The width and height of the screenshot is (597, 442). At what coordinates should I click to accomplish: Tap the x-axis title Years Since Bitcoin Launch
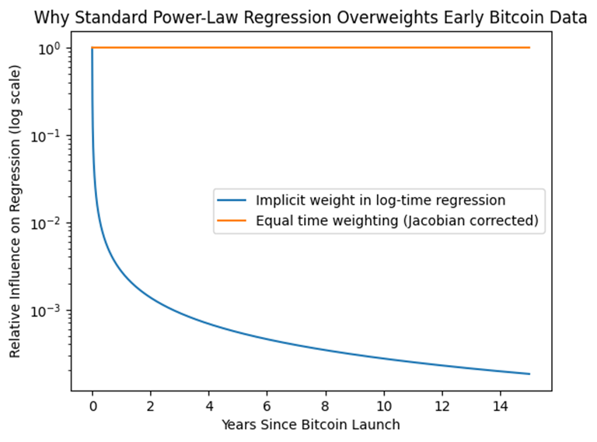click(311, 424)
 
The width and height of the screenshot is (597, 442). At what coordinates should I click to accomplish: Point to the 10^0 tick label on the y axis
click(51, 48)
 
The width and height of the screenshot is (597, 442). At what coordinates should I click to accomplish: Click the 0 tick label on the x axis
click(93, 405)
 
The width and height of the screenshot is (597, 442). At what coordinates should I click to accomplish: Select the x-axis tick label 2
click(151, 405)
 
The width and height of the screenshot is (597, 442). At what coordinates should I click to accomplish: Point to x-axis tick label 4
click(209, 405)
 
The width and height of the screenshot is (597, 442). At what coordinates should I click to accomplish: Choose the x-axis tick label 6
click(267, 405)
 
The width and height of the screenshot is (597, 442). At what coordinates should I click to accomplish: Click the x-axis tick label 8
click(326, 405)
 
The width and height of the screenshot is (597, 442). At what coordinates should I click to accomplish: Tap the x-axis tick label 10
click(384, 405)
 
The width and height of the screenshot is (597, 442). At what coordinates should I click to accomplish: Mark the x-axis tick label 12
click(442, 405)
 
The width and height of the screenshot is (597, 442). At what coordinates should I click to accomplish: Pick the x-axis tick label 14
click(501, 405)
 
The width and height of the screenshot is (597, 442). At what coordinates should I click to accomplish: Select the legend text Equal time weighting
click(396, 220)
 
